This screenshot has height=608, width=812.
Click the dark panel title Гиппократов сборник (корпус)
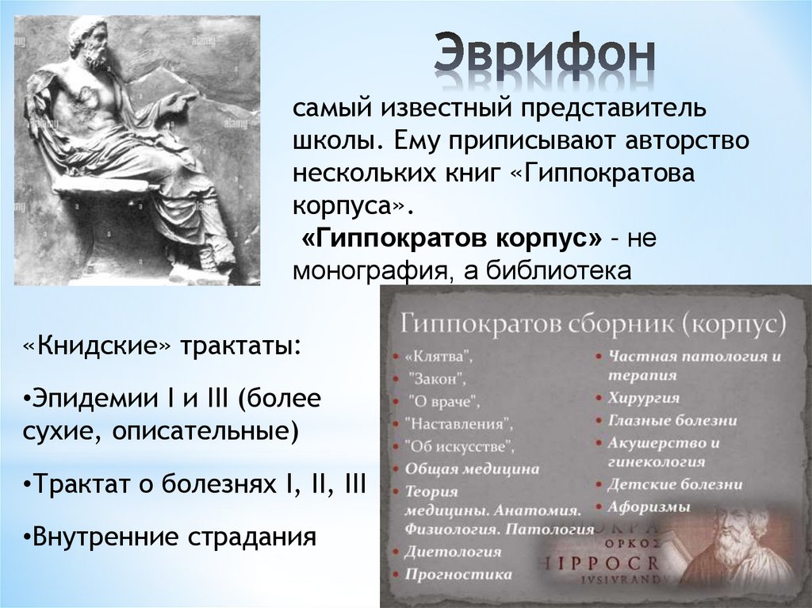tap(593, 323)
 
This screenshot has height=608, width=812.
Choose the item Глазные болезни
tap(672, 420)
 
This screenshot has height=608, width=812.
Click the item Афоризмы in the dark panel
tap(649, 506)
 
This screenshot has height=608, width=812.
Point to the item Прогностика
tap(458, 574)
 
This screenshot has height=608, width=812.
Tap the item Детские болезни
tap(675, 484)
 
